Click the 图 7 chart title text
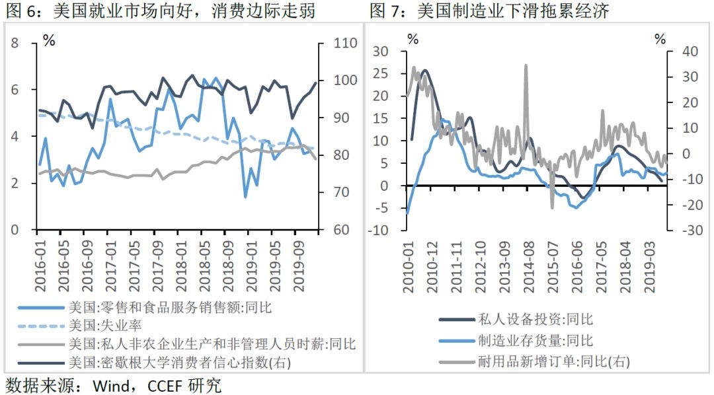(x=490, y=11)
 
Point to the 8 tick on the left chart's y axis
(x=16, y=44)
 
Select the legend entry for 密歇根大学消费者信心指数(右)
(x=178, y=363)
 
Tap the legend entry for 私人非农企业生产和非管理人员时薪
(x=212, y=344)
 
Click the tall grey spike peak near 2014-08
(x=526, y=65)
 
